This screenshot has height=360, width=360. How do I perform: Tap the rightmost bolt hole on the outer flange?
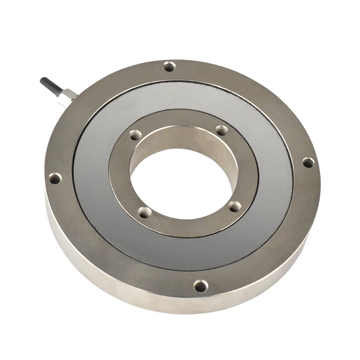(x=307, y=162)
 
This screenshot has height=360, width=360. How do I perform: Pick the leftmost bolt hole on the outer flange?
(x=54, y=179)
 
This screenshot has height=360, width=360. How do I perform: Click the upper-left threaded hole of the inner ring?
(x=134, y=135)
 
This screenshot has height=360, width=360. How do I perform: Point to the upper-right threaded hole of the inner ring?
(x=220, y=130)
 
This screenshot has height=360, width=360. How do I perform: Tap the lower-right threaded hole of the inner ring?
(x=234, y=206)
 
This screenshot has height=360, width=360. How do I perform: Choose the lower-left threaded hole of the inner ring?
(x=144, y=212)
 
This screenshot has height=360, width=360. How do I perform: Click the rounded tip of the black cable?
(x=44, y=81)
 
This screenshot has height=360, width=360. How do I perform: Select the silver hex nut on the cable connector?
(x=69, y=96)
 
